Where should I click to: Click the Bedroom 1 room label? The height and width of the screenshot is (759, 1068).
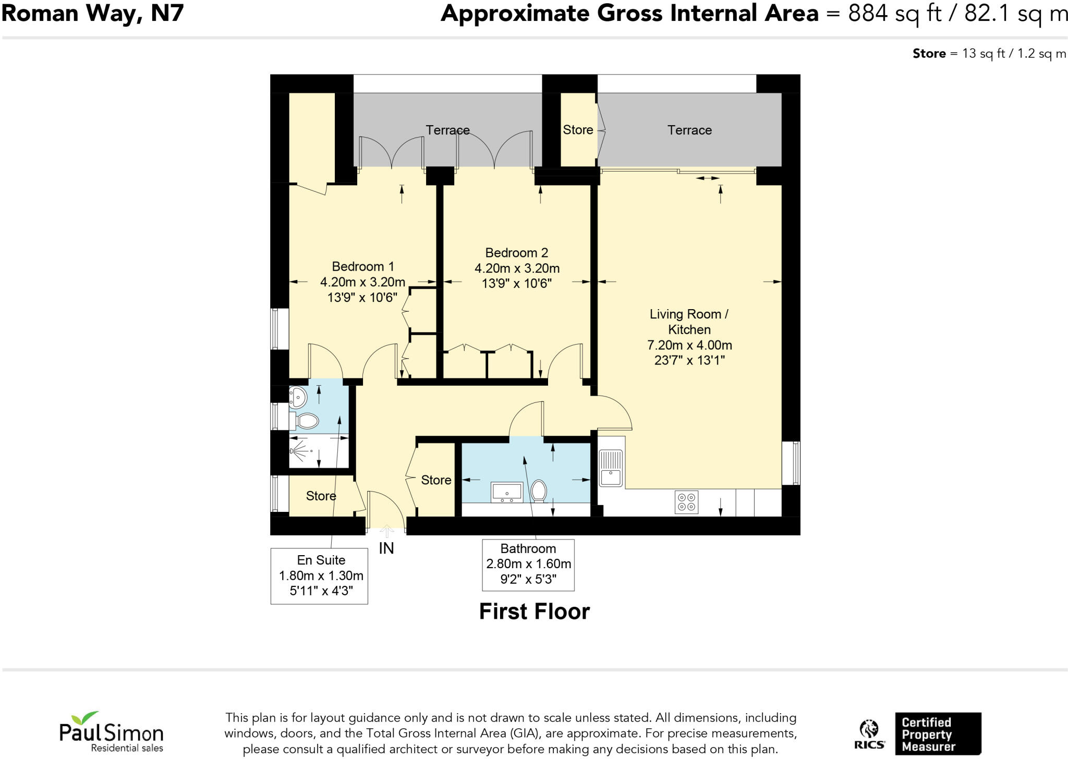coord(363,266)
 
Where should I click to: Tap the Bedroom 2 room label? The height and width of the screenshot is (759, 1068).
coord(516,253)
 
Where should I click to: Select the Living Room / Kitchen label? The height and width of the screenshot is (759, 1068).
coord(689,322)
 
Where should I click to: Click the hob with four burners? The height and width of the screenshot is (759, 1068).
coord(686,502)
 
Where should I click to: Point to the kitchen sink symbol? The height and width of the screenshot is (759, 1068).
coord(611,468)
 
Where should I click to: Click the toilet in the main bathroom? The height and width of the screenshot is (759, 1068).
coord(539,491)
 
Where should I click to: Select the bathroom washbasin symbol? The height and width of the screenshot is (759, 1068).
coord(506,492)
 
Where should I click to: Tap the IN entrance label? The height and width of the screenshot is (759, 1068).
coord(386,548)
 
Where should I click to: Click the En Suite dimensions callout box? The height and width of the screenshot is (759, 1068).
coord(319,576)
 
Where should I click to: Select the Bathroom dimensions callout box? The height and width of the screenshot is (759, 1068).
coord(528,565)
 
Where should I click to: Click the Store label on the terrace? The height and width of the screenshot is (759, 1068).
coord(578,130)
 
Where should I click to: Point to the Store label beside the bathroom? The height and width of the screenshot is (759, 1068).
coord(436,480)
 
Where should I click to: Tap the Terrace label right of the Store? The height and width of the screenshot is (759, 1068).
coord(689,130)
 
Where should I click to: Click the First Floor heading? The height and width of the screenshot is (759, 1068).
coord(534,611)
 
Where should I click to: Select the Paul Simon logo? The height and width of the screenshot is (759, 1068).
coord(111,732)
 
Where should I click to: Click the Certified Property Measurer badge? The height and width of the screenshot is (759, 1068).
coord(937,734)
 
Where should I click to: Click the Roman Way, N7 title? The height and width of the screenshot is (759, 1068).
coord(93,13)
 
